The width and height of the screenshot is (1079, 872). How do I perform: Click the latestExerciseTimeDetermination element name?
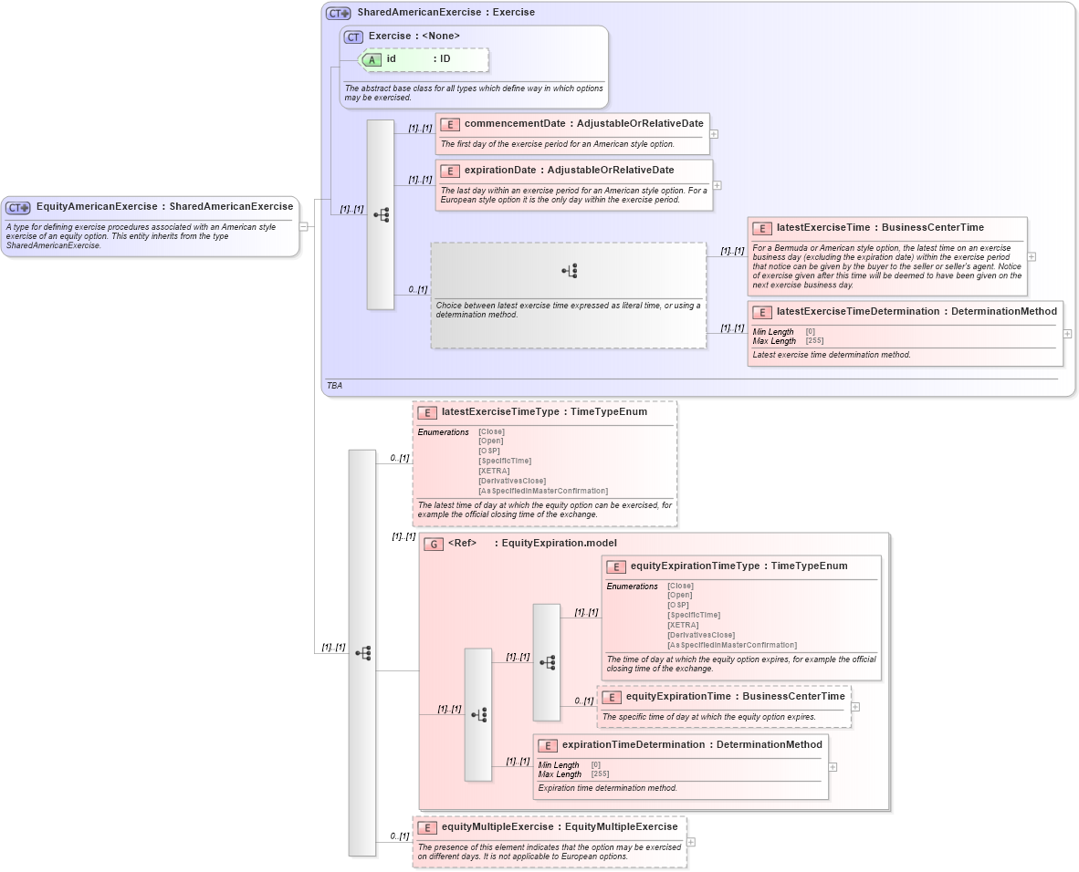pyautogui.click(x=857, y=311)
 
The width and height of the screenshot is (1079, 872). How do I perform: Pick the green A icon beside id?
pyautogui.click(x=372, y=59)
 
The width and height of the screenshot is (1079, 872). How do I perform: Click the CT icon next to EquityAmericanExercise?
pyautogui.click(x=18, y=207)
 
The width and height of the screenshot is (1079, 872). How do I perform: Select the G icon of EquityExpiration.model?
pyautogui.click(x=435, y=544)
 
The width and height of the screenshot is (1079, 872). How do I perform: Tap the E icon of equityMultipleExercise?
pyautogui.click(x=427, y=827)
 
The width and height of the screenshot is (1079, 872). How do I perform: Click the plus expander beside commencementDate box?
pyautogui.click(x=714, y=134)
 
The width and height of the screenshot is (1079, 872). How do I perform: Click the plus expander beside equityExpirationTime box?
pyautogui.click(x=855, y=706)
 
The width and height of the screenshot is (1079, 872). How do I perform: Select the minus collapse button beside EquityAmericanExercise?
pyautogui.click(x=304, y=226)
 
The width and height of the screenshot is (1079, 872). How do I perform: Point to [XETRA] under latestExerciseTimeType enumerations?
pyautogui.click(x=493, y=471)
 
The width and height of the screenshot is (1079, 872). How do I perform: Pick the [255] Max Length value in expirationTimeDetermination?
pyautogui.click(x=600, y=774)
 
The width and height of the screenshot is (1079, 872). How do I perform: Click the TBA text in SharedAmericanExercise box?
pyautogui.click(x=334, y=386)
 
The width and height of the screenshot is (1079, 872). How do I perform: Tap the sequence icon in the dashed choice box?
pyautogui.click(x=570, y=271)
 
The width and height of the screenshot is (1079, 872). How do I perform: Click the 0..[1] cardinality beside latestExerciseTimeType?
pyautogui.click(x=399, y=458)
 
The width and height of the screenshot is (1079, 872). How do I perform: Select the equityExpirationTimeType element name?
pyautogui.click(x=695, y=566)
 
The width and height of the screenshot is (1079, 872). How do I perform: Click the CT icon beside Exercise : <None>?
pyautogui.click(x=353, y=37)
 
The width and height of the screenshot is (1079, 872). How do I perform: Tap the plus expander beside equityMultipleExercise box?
pyautogui.click(x=691, y=843)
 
